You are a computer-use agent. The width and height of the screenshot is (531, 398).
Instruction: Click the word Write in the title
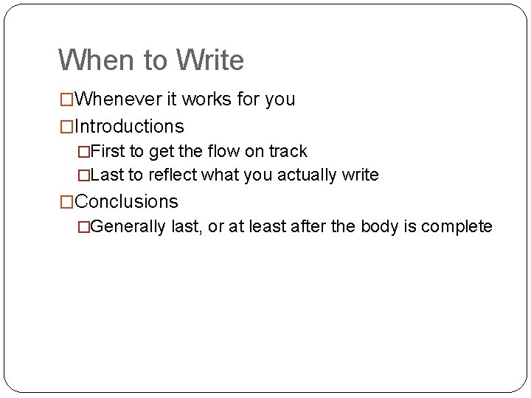click(x=209, y=60)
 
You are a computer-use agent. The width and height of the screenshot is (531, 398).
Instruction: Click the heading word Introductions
click(x=129, y=126)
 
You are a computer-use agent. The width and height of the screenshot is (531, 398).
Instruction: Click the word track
click(x=288, y=151)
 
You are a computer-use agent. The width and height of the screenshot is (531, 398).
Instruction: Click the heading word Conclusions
click(x=126, y=201)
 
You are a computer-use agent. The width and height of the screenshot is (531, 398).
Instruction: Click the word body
click(x=381, y=226)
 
